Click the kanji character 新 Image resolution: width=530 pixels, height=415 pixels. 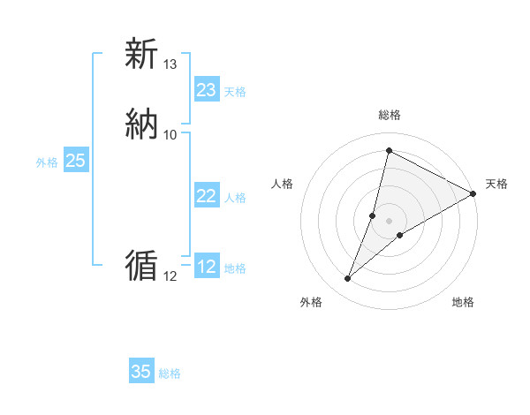coord(141,55)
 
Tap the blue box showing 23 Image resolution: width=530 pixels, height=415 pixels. coord(206,90)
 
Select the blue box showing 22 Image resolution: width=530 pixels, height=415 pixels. coord(206,196)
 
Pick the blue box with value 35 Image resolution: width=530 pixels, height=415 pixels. coord(141,372)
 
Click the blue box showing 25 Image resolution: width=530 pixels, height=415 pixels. coord(76,161)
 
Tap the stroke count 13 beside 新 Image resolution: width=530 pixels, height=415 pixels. coord(170,64)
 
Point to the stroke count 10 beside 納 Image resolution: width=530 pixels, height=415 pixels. coord(170,135)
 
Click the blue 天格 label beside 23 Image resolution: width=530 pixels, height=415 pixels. coord(235,92)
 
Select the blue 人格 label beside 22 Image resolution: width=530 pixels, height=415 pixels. coord(235,198)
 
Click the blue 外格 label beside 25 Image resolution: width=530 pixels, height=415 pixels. coord(47,162)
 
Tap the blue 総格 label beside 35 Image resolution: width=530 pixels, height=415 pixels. coord(170,373)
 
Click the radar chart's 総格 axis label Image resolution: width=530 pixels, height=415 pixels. coord(389,116)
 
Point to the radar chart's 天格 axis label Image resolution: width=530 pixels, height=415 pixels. coord(496,184)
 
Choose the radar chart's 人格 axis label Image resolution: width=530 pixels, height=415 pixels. coord(283,184)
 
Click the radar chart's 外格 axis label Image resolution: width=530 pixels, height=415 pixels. coord(311,302)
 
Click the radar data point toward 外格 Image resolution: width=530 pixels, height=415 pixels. coord(348,279)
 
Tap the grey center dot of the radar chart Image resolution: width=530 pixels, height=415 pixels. coord(389,221)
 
